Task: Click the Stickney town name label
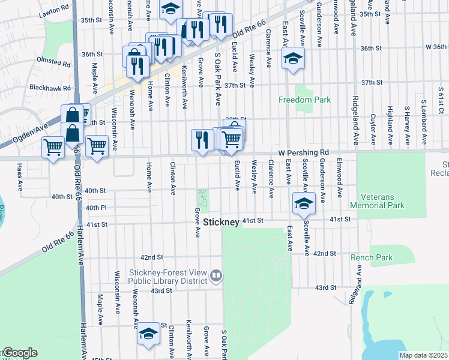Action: [x=221, y=222]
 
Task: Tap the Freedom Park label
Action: [x=305, y=100]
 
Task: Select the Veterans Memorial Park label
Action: [x=390, y=201]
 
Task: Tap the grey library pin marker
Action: [x=216, y=276]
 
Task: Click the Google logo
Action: [x=19, y=353]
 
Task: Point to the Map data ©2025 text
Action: [x=423, y=355]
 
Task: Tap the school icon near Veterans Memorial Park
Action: [x=304, y=204]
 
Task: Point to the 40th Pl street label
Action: [x=95, y=208]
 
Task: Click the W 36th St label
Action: [x=436, y=47]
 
